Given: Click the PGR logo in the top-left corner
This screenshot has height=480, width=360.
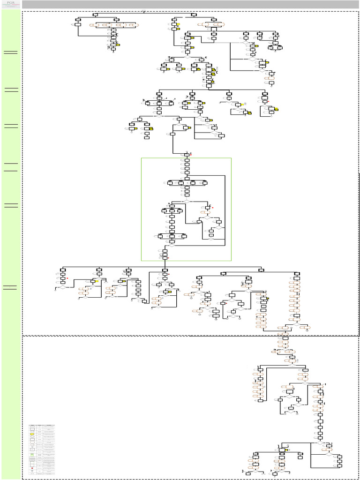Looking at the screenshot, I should coord(10,4).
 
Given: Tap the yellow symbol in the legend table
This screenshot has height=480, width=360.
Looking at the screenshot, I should coord(32,435).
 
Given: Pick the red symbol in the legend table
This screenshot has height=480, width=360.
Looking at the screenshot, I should coord(32,467).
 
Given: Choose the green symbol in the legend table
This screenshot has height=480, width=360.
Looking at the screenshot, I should coord(32,454).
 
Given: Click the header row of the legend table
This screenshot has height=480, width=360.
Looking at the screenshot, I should coord(42,425).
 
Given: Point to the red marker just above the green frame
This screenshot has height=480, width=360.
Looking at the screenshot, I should coord(191,154).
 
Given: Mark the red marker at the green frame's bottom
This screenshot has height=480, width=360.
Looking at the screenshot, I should coord(168,258).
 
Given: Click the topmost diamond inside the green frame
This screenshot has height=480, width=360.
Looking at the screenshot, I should coord(187,201).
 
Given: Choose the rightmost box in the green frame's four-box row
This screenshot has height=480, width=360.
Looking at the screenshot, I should coord(205,183).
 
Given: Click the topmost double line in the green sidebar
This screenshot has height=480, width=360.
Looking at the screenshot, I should coord(10,52).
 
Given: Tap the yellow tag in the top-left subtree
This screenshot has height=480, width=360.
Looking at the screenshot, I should coord(118,45).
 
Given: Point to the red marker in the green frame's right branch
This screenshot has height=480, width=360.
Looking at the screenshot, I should coord(212,207).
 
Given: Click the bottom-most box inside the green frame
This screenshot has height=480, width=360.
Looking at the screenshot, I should coord(165,257).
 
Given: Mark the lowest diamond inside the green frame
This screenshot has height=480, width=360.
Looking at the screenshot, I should coord(171,245).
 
